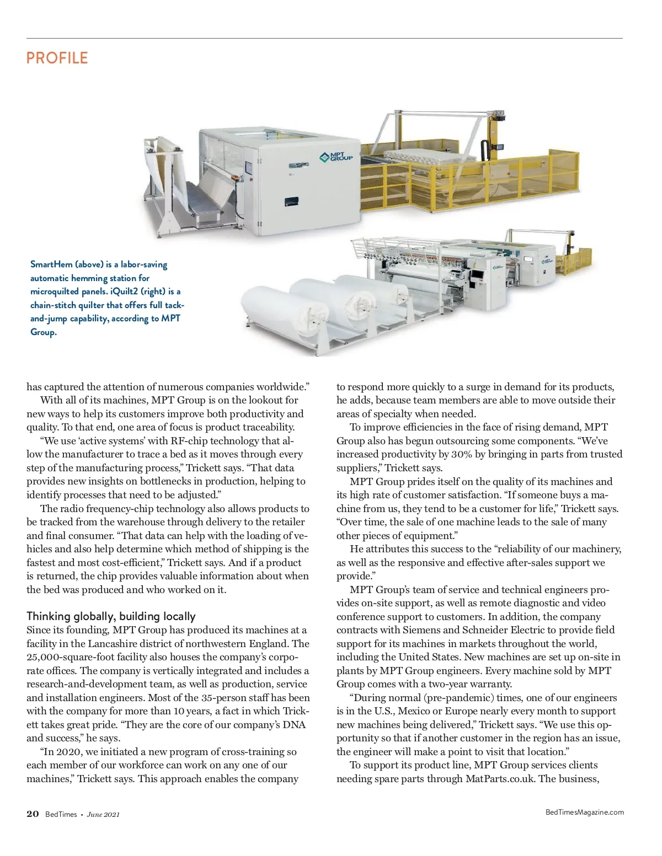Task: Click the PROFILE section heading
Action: tap(57, 58)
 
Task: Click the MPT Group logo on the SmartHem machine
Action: tap(336, 158)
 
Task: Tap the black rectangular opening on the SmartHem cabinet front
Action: tap(291, 202)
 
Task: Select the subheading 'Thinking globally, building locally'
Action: tap(111, 616)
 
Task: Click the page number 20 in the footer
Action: tap(33, 814)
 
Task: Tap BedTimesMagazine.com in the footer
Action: tap(584, 812)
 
